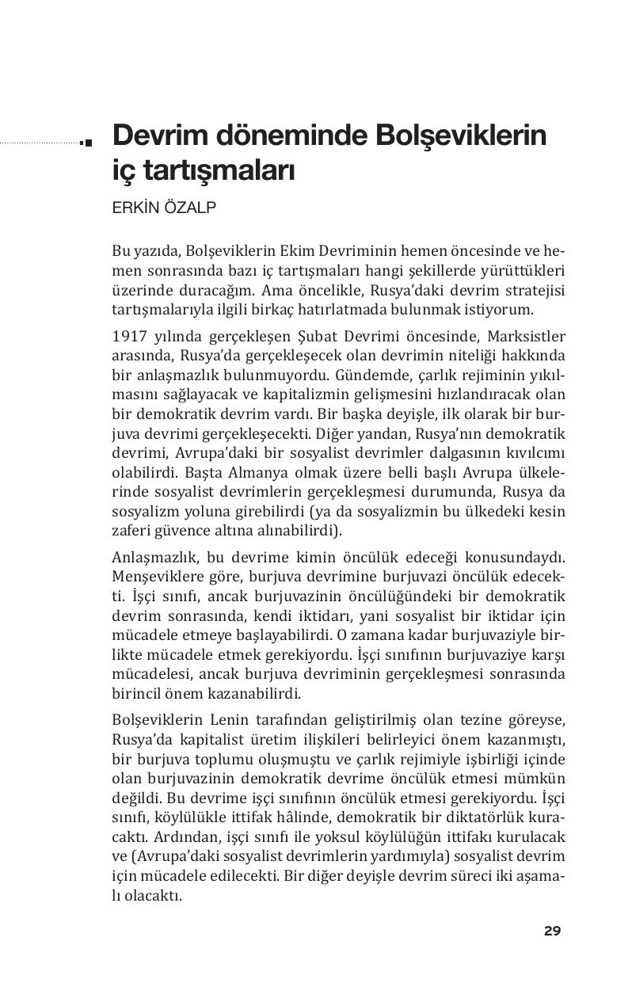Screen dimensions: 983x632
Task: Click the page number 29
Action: click(x=552, y=931)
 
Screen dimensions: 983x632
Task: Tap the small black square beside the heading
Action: click(x=88, y=143)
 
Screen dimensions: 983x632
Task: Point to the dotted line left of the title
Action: click(x=40, y=143)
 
